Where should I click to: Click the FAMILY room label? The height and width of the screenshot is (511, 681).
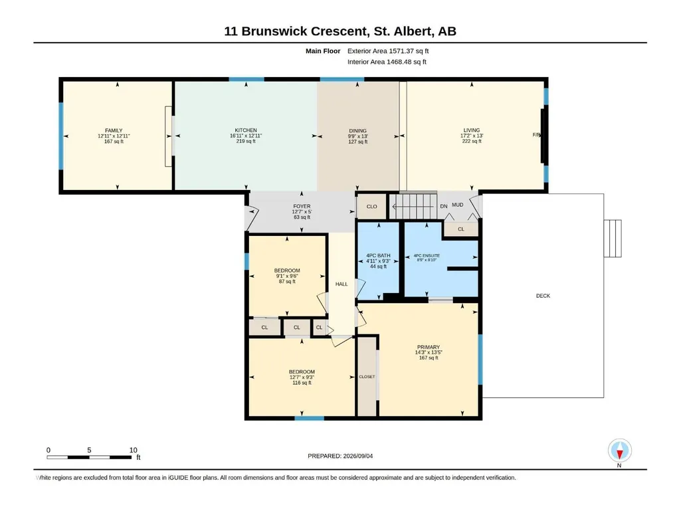(114, 130)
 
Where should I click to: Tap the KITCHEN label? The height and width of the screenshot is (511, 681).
(246, 130)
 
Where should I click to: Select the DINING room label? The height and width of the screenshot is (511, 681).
(358, 131)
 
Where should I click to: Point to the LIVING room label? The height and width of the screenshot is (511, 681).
(472, 130)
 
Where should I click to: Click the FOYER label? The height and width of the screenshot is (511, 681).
(302, 207)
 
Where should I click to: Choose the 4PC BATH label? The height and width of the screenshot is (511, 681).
(378, 255)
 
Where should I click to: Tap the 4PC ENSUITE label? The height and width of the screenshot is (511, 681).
(427, 255)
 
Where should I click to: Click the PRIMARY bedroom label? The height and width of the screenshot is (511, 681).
(429, 347)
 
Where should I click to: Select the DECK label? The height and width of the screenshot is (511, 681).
(543, 296)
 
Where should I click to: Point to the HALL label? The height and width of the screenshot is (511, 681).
(341, 284)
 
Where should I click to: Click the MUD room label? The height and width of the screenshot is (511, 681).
(458, 205)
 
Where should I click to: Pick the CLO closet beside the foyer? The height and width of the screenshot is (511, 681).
(372, 207)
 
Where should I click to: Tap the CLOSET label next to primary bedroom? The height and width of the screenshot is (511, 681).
(367, 377)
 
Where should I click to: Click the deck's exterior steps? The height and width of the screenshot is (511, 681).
(613, 239)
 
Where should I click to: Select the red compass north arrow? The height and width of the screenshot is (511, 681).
(620, 455)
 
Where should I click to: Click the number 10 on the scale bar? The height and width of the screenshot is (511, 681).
(134, 450)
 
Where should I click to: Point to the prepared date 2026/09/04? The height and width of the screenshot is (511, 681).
(358, 457)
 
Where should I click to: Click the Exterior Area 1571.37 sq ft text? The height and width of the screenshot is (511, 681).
(388, 51)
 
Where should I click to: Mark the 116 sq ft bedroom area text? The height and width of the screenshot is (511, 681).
(302, 383)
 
